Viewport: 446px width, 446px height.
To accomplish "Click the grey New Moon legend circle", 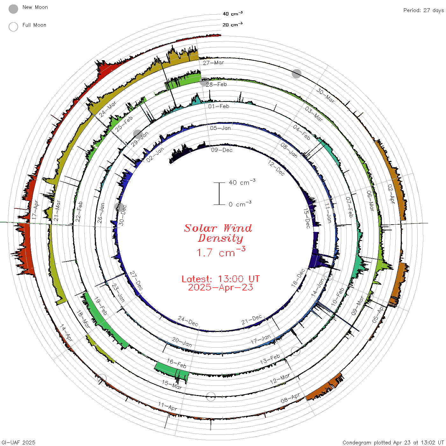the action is click(x=13, y=9).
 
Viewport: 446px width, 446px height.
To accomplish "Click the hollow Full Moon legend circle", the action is click(x=13, y=27).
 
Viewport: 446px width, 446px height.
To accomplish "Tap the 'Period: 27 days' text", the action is click(x=424, y=11).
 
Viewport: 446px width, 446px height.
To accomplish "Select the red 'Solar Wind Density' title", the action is click(x=218, y=233).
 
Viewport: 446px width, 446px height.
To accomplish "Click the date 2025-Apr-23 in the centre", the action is click(x=220, y=287).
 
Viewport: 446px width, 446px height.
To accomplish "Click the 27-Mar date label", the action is click(x=213, y=62).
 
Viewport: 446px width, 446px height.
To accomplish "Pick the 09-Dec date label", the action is click(x=222, y=150).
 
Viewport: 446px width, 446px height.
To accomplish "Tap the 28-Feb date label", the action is click(x=216, y=84).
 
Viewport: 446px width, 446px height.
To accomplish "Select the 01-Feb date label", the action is click(x=219, y=106).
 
